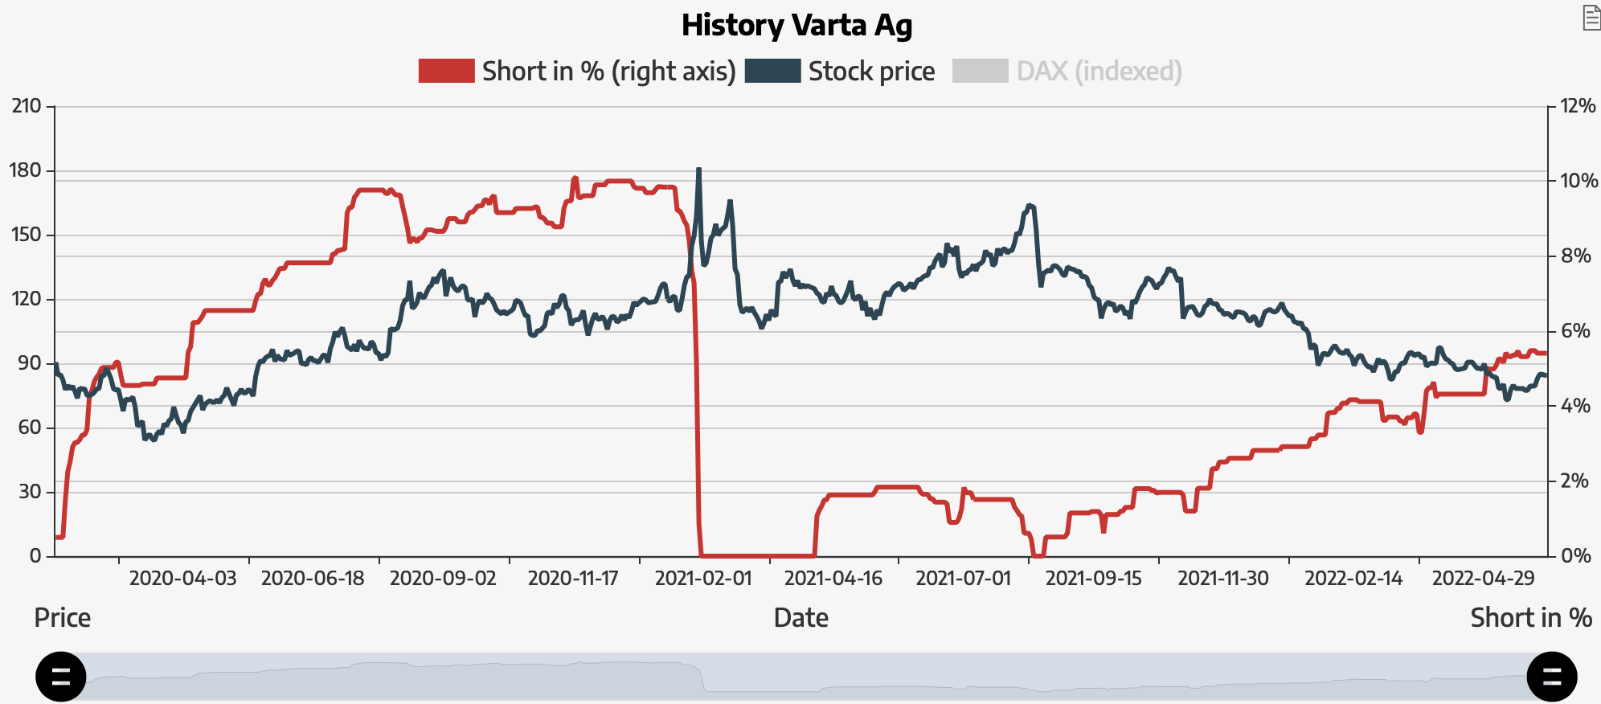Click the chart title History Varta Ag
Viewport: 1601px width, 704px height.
796,25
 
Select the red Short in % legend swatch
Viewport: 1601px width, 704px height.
446,71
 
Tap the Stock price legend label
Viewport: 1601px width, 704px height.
871,72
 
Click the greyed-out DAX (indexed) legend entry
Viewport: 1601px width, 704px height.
1098,72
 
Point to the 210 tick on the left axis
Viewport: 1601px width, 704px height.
27,106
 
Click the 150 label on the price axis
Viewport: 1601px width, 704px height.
27,235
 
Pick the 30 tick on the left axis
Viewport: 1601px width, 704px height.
30,491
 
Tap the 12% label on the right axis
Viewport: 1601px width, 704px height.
1578,106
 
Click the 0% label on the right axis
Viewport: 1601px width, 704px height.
1575,555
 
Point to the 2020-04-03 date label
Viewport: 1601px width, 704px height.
183,579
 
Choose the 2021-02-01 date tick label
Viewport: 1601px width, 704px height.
703,579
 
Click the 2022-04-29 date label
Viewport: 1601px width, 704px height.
1484,579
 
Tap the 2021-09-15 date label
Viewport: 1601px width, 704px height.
1093,579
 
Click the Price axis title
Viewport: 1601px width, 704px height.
63,617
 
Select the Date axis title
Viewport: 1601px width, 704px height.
800,617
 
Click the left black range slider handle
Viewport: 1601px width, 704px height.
61,677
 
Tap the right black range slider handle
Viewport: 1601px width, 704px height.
1551,677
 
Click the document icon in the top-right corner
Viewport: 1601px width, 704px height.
1591,18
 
